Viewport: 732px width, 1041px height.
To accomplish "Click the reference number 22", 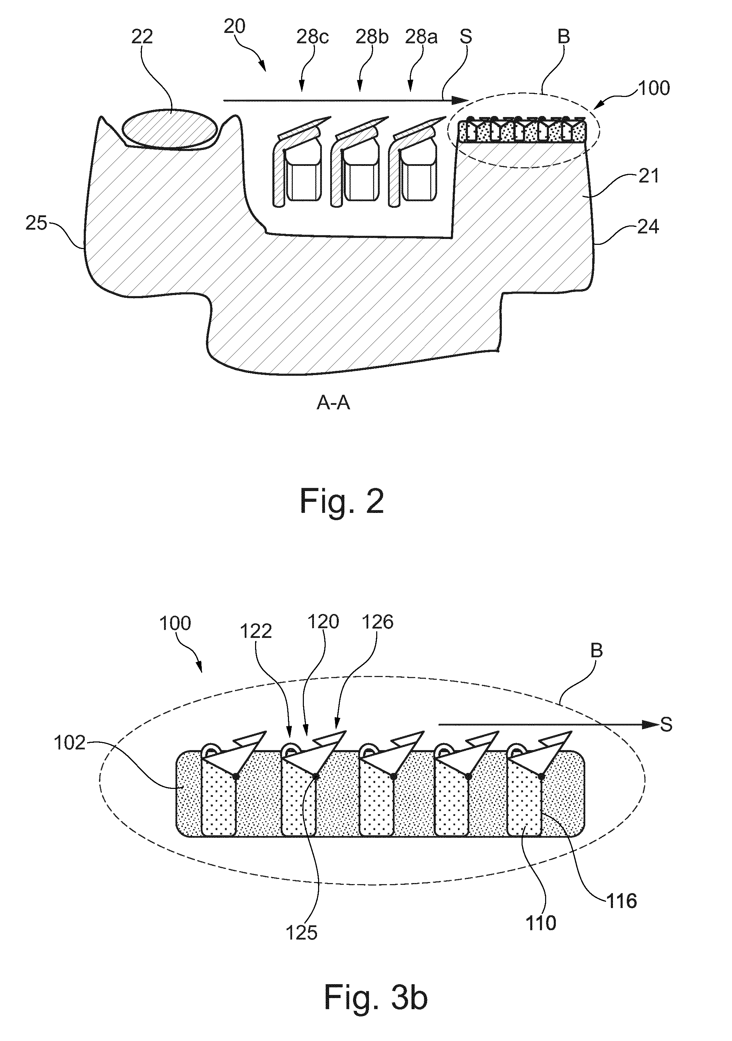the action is [x=142, y=37].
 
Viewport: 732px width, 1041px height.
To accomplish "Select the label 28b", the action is [x=372, y=37].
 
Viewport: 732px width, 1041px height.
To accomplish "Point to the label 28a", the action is [x=422, y=37].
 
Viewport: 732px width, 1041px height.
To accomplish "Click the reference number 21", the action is [x=649, y=176].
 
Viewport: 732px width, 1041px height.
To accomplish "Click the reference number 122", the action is [x=256, y=631].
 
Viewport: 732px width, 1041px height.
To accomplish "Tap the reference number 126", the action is [x=378, y=622].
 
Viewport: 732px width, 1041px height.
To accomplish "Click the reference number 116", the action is [x=621, y=901].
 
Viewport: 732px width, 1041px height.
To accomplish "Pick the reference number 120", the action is [x=323, y=622].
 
